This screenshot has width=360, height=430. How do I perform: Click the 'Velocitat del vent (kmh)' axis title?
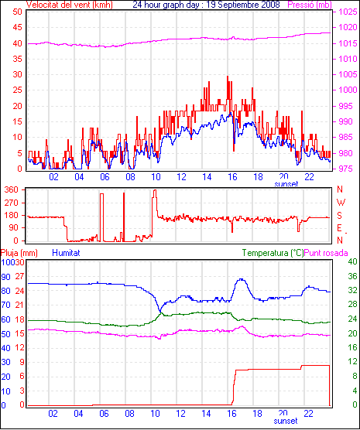pyautogui.click(x=70, y=5)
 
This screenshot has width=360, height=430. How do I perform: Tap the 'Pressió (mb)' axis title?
pyautogui.click(x=310, y=5)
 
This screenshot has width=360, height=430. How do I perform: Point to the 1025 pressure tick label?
pyautogui.click(x=348, y=12)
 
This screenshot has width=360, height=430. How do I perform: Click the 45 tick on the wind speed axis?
pyautogui.click(x=17, y=27)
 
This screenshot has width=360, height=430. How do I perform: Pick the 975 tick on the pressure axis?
pyautogui.click(x=348, y=169)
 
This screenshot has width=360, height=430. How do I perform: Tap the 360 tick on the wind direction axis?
pyautogui.click(x=12, y=189)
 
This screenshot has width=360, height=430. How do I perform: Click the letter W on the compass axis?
pyautogui.click(x=341, y=203)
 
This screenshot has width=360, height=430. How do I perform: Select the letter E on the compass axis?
pyautogui.click(x=339, y=228)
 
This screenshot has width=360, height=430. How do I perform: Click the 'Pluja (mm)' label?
pyautogui.click(x=19, y=253)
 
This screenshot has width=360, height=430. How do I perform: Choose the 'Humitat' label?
pyautogui.click(x=66, y=253)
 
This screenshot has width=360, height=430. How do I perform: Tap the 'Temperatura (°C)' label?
pyautogui.click(x=273, y=253)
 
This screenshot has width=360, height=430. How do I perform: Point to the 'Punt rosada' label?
pyautogui.click(x=326, y=253)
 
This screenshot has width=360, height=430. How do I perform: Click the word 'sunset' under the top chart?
pyautogui.click(x=286, y=184)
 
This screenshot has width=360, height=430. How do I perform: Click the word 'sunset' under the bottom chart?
pyautogui.click(x=286, y=421)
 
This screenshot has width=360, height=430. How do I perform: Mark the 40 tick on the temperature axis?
pyautogui.click(x=352, y=261)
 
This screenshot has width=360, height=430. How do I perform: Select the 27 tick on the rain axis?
pyautogui.click(x=19, y=276)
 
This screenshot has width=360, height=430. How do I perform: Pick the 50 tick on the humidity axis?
pyautogui.click(x=5, y=334)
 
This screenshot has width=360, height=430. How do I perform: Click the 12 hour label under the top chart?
pyautogui.click(x=181, y=177)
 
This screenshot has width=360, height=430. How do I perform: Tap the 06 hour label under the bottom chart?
pyautogui.click(x=104, y=413)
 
